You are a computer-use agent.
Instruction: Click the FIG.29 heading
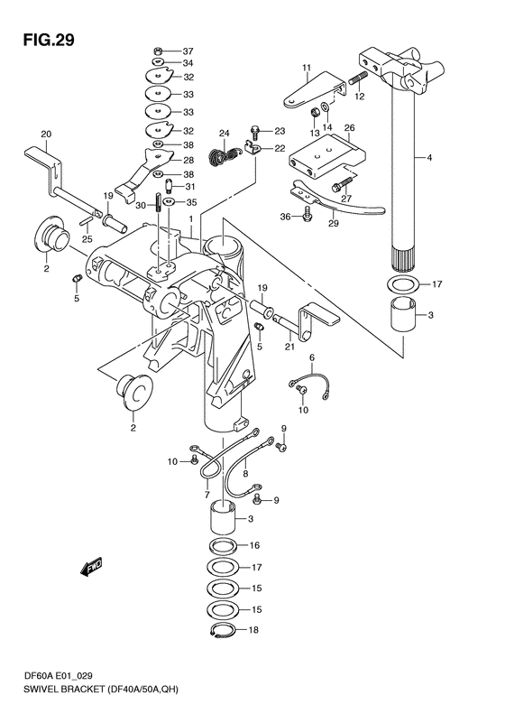(49, 41)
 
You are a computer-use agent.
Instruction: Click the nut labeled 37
(158, 50)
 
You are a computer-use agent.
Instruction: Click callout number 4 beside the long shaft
(429, 158)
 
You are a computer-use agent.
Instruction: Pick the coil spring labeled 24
(223, 155)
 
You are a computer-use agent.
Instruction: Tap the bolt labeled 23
(255, 133)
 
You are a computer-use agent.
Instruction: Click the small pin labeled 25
(87, 221)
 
